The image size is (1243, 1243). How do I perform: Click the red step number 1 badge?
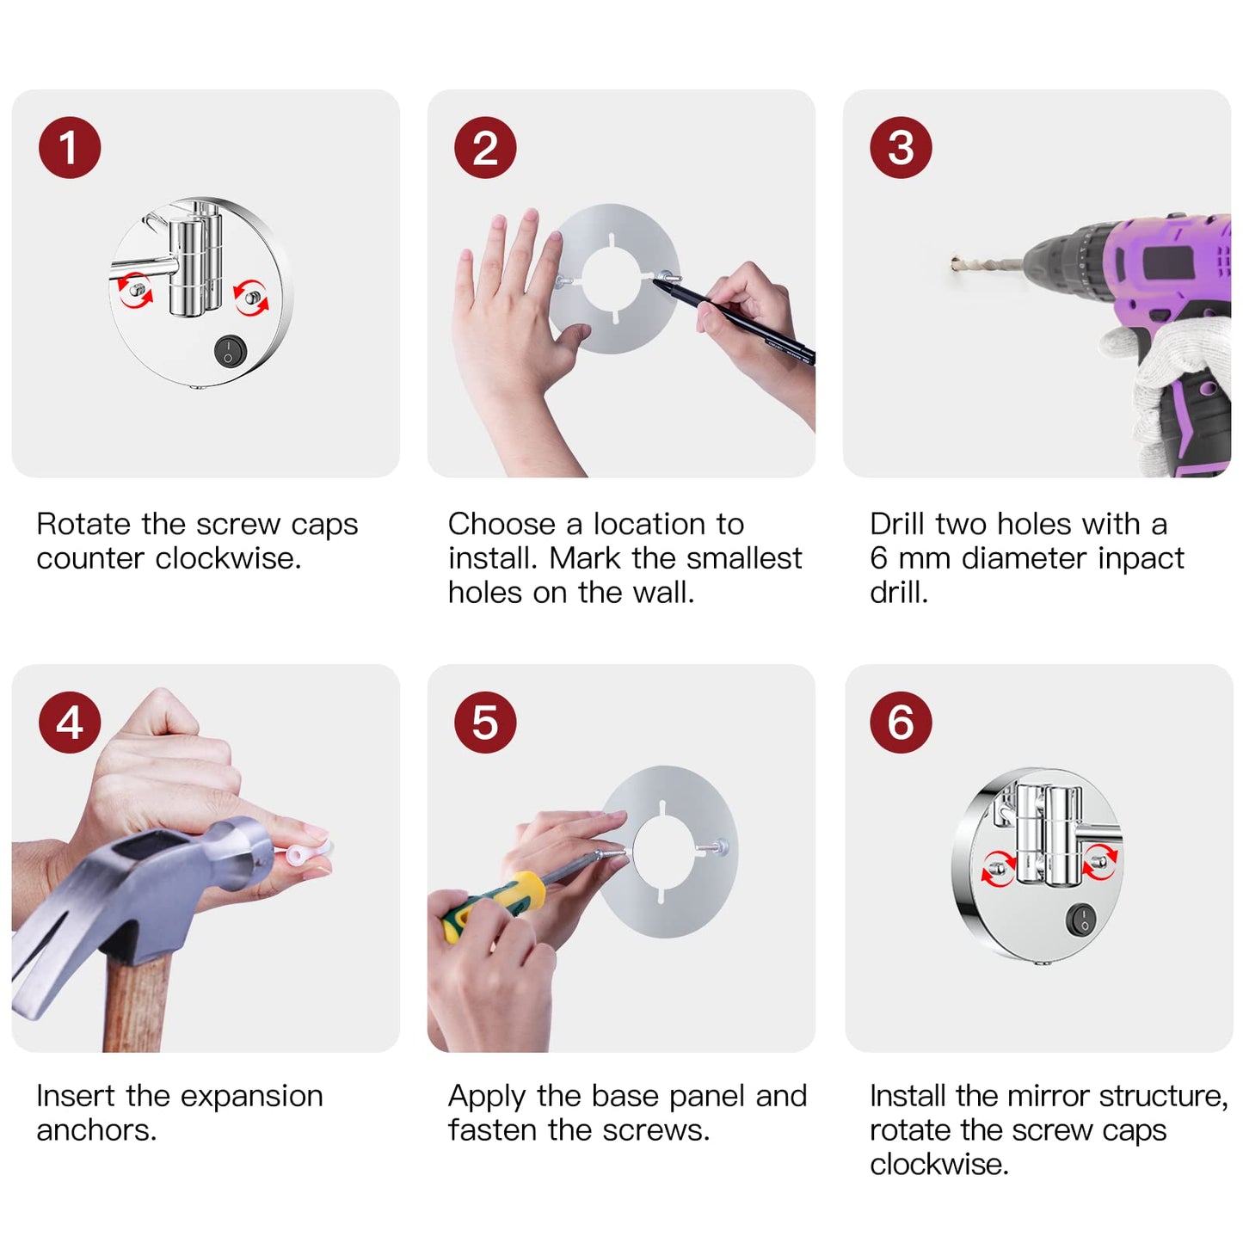point(70,147)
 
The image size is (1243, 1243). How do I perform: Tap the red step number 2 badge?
point(485,147)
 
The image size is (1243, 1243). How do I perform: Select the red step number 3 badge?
point(901,147)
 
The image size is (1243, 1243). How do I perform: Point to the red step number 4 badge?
point(70,722)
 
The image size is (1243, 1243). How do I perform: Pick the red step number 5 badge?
point(485,722)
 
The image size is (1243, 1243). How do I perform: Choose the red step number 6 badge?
point(901,722)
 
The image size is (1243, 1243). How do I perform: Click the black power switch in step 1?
point(230,351)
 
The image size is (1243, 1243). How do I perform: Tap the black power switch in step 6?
point(1080,920)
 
